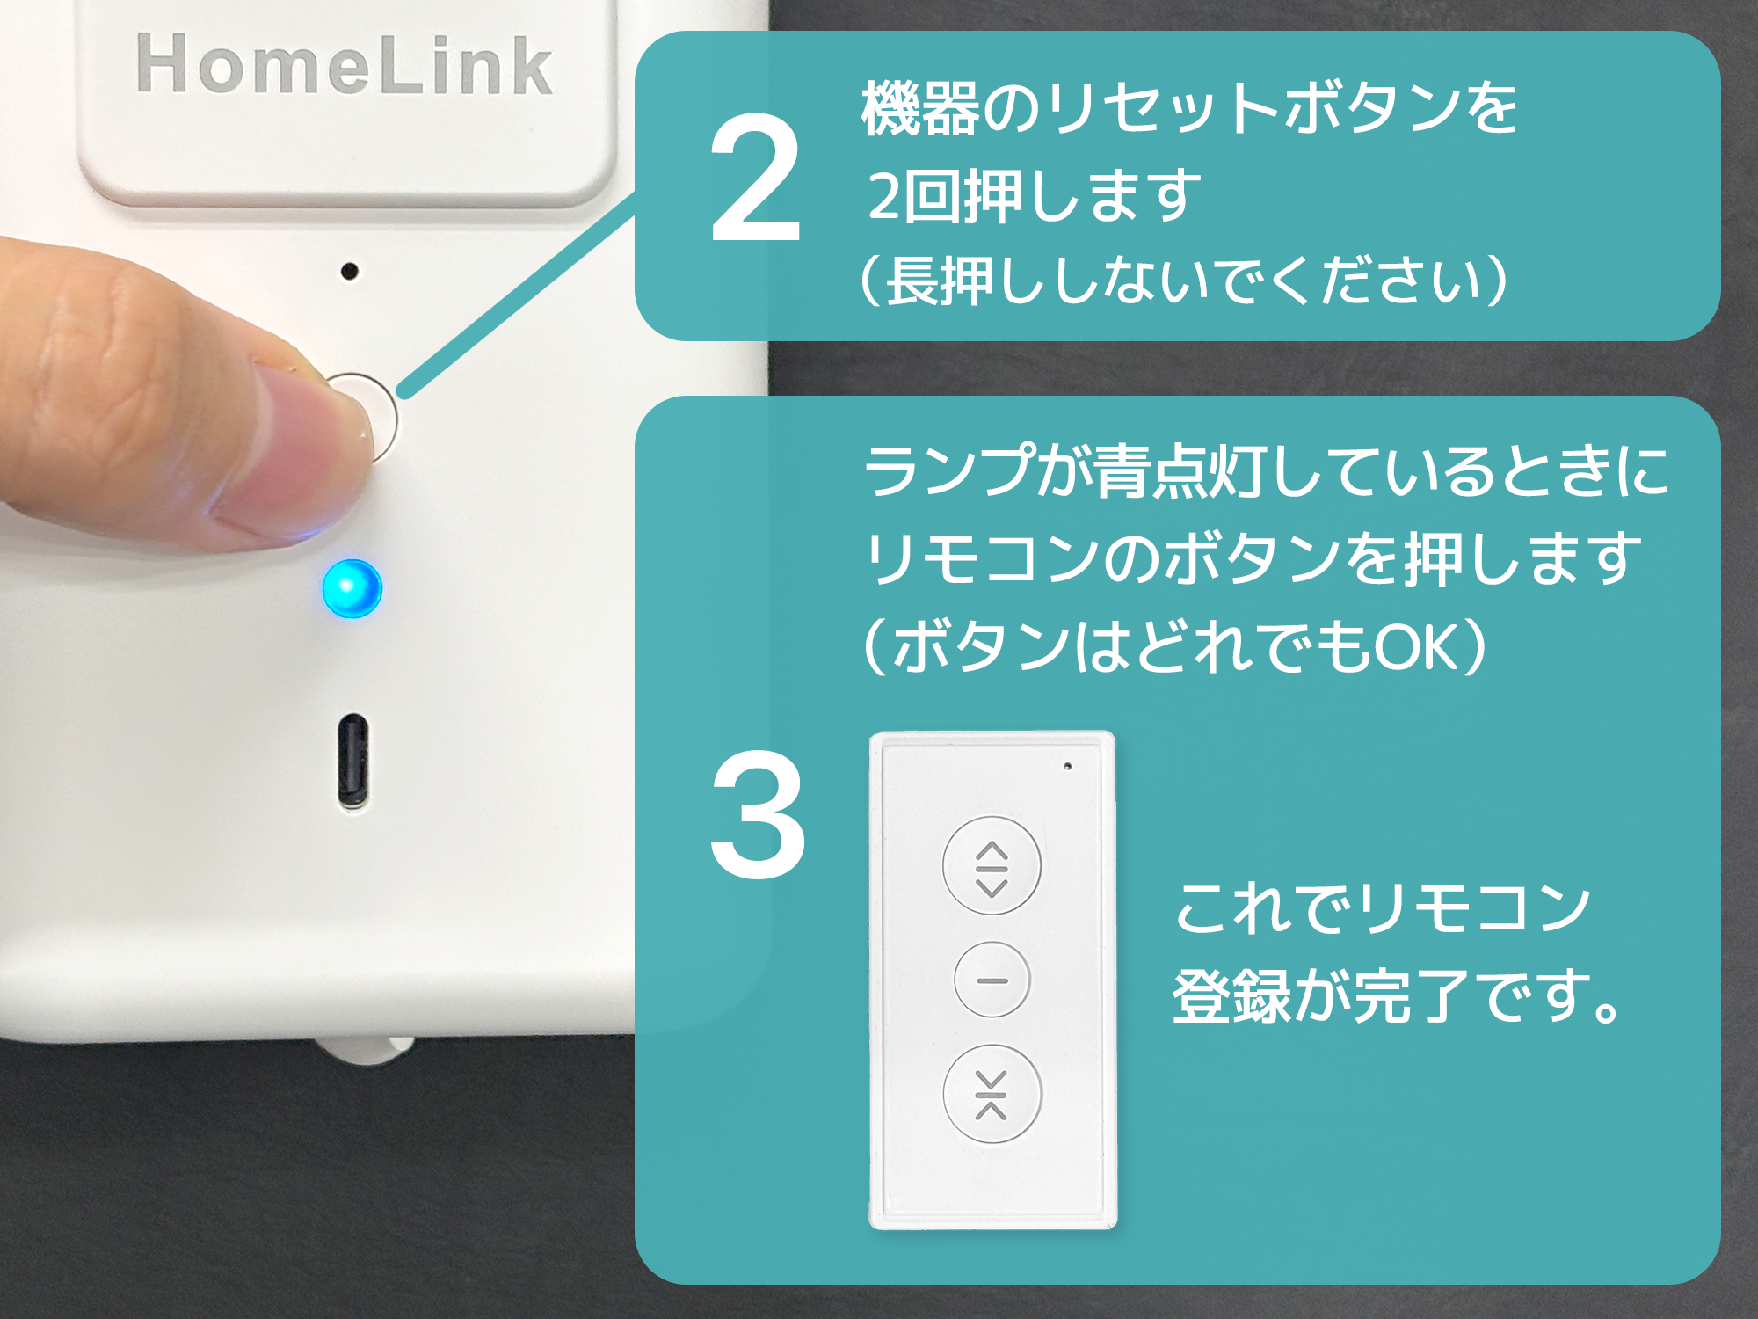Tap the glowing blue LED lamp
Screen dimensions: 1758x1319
[352, 587]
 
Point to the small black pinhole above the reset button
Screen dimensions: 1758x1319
[350, 271]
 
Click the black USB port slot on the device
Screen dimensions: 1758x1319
[353, 762]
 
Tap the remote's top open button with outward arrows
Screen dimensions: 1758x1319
[992, 865]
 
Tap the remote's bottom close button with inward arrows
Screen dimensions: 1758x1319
[992, 1094]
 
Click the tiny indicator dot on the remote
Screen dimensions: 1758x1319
[1067, 766]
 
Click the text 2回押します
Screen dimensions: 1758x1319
[1034, 195]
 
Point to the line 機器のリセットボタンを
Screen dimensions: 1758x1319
[1189, 108]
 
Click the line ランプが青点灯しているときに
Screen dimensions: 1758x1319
[1266, 470]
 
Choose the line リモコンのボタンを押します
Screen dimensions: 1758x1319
[1253, 557]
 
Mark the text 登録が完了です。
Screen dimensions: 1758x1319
[1398, 996]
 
